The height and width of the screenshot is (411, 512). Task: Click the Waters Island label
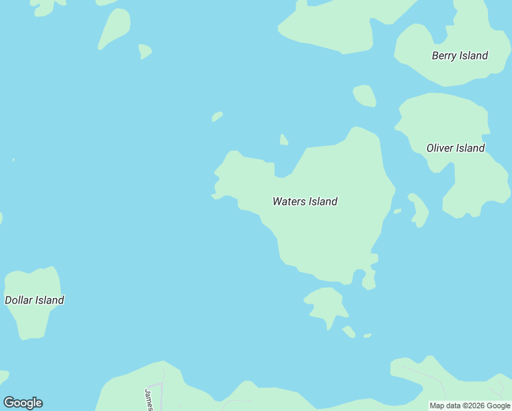click(x=305, y=201)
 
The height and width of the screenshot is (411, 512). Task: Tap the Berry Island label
click(x=459, y=55)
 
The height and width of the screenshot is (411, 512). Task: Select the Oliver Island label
click(x=455, y=148)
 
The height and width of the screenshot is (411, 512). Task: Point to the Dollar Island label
click(x=34, y=300)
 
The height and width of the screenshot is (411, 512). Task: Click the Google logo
click(x=23, y=403)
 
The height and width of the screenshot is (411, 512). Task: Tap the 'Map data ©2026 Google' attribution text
click(x=470, y=406)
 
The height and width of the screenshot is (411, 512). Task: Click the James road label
click(x=149, y=399)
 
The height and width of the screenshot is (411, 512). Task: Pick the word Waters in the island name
click(x=289, y=201)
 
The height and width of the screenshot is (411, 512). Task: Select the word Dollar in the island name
click(x=18, y=300)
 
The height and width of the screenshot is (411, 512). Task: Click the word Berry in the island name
click(x=444, y=55)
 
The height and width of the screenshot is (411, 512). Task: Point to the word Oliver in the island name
click(x=439, y=148)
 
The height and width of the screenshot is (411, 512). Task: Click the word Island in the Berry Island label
click(x=474, y=55)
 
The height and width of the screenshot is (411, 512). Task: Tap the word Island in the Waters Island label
click(x=322, y=201)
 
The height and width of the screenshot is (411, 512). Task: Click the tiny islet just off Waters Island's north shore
click(x=283, y=140)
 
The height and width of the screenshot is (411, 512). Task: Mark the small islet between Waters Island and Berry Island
click(x=365, y=96)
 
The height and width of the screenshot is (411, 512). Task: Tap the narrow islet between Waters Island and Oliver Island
click(x=419, y=210)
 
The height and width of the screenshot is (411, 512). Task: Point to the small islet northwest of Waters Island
click(x=217, y=116)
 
